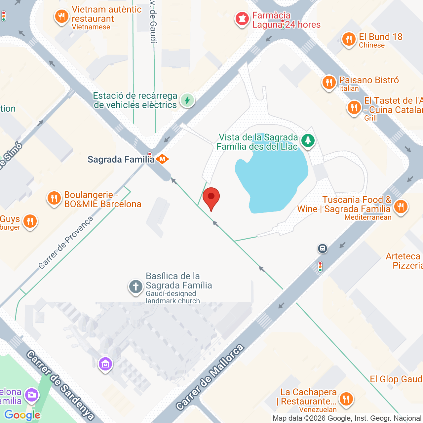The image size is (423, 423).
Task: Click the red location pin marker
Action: [x=211, y=197]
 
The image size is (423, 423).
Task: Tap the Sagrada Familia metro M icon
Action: [x=162, y=159]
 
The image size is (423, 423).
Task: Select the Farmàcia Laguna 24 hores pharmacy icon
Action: [x=242, y=19]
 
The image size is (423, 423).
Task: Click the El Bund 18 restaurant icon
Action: [x=348, y=40]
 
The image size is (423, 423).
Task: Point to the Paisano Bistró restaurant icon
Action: [x=328, y=82]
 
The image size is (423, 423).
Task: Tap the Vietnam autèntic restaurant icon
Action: [x=61, y=16]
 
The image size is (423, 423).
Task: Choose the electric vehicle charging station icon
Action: [x=187, y=100]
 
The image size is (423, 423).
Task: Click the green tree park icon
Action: [x=308, y=140]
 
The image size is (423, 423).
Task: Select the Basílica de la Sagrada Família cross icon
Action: [x=135, y=287]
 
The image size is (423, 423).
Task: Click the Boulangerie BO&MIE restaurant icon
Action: [x=54, y=198]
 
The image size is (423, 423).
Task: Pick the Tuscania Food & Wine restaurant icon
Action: [x=401, y=207]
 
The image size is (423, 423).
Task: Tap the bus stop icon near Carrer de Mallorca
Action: [x=323, y=249]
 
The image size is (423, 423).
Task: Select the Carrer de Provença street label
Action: [x=66, y=243]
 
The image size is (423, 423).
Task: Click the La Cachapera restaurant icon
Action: [x=346, y=399]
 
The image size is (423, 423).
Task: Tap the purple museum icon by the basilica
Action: [x=105, y=364]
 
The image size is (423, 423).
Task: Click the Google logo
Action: [x=22, y=415]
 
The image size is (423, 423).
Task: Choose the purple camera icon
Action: [x=32, y=395]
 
